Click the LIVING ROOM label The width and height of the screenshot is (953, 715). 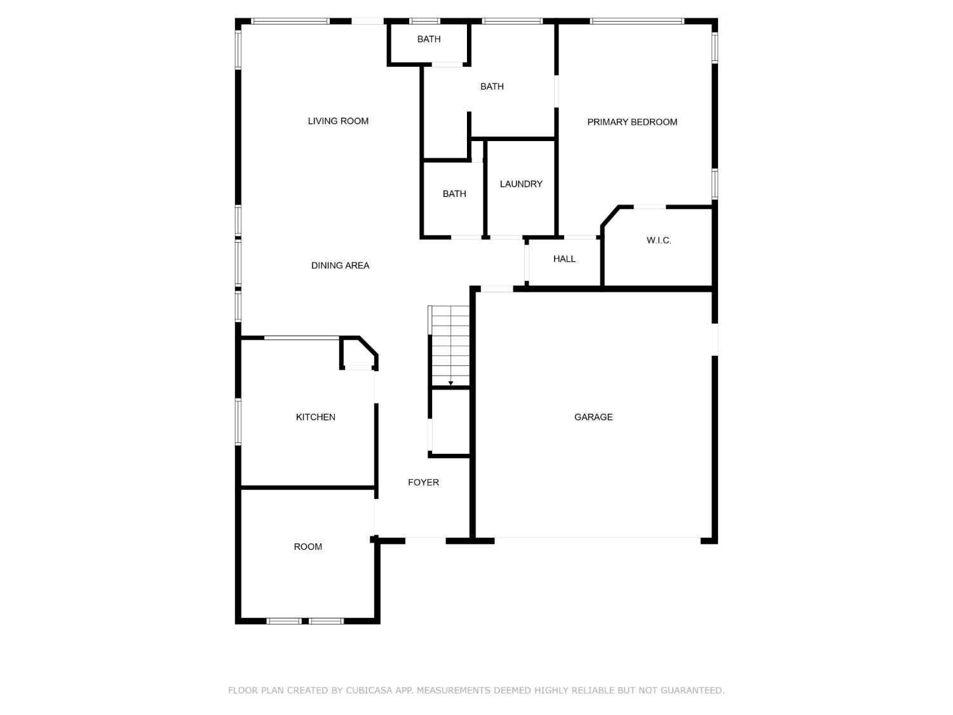[338, 121]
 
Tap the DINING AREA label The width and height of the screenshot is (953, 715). [340, 266]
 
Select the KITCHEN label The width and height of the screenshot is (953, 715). [316, 417]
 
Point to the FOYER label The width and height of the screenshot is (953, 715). [423, 482]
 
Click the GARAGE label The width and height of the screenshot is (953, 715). [593, 417]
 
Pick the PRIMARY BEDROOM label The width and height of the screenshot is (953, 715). [632, 122]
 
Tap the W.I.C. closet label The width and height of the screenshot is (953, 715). [659, 240]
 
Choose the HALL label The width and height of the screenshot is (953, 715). [564, 259]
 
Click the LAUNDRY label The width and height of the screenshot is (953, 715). [521, 184]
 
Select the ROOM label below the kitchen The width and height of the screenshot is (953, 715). [308, 547]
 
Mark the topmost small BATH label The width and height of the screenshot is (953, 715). [429, 39]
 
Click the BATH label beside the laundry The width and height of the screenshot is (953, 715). [454, 194]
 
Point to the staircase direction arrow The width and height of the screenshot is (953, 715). [450, 383]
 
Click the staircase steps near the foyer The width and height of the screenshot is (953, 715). [450, 343]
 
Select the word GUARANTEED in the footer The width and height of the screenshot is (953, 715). [692, 690]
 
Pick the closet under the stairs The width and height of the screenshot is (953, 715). [450, 422]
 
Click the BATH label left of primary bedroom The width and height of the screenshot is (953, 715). [492, 86]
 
